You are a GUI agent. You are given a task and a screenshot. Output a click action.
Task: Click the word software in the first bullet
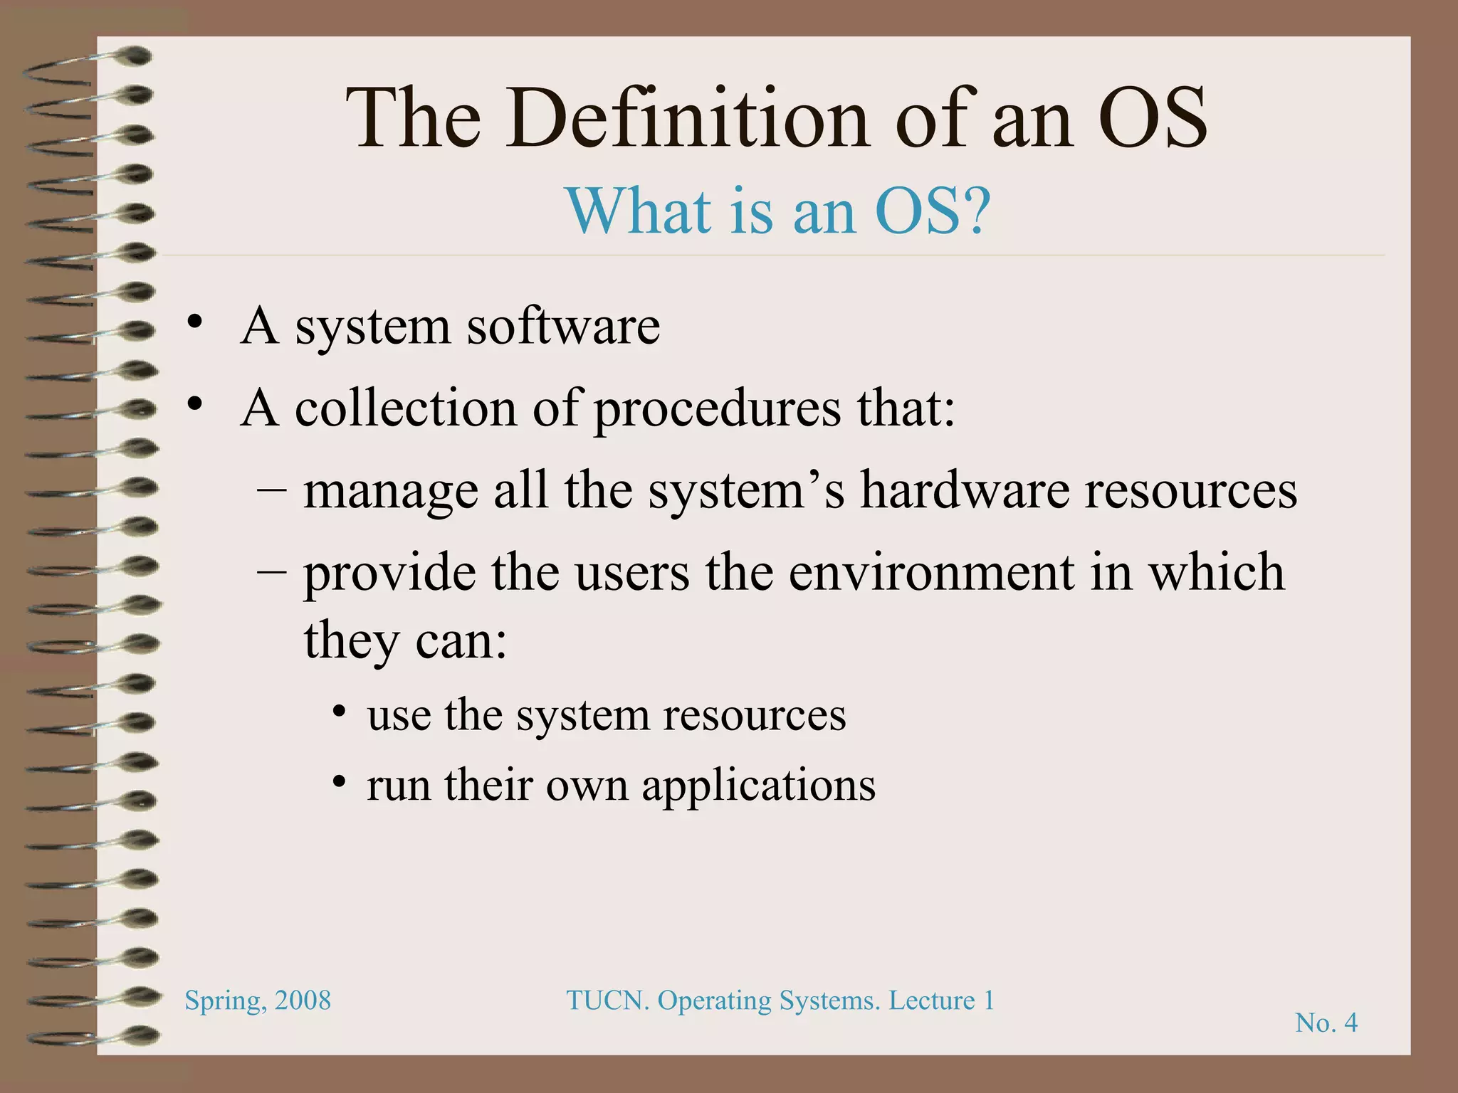point(563,327)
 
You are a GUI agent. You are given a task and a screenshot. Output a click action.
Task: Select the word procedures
point(718,410)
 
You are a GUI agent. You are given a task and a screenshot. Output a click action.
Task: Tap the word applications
point(758,786)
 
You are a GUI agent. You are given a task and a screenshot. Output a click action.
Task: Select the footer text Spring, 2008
point(258,1000)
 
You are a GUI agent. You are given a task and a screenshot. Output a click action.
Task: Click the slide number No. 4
point(1326,1023)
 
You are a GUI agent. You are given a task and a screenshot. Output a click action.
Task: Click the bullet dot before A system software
point(194,324)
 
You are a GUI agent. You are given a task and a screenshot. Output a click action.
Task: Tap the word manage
point(391,492)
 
